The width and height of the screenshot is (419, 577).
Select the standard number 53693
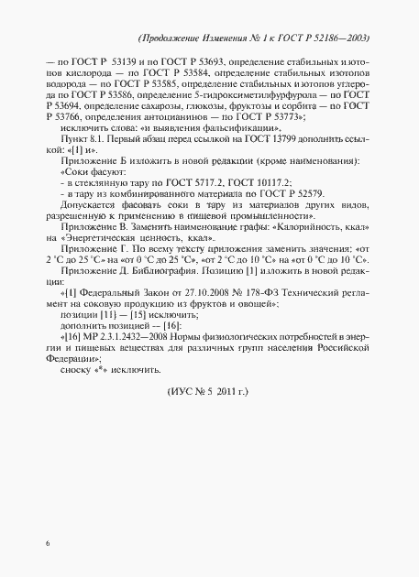(191, 60)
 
